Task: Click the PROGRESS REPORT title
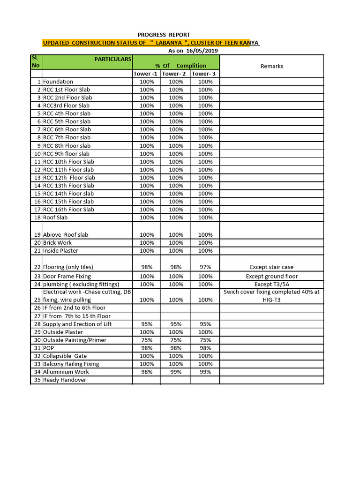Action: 164,35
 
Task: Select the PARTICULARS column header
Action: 113,60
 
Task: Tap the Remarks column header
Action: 272,66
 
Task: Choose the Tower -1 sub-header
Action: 145,74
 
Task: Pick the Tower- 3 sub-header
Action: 204,74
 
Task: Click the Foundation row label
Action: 58,82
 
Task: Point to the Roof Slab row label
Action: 55,217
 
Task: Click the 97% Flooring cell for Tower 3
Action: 205,267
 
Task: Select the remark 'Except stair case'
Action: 272,267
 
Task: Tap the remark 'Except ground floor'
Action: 272,277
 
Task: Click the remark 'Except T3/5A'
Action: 272,285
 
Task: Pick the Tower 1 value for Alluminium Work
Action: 147,372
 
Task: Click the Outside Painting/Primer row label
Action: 75,340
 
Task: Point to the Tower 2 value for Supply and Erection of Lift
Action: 176,324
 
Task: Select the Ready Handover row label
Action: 65,380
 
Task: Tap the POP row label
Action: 48,348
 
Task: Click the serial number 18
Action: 37,217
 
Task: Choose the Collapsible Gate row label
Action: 65,356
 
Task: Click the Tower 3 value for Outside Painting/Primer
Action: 205,340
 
